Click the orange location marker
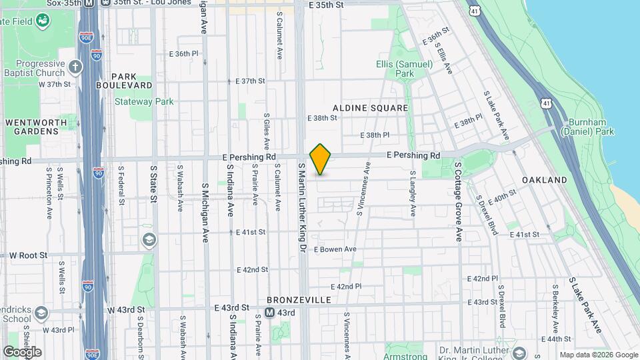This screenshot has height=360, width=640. [x=321, y=159]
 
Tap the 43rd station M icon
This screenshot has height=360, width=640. [x=270, y=313]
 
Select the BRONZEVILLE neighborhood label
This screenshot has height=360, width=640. [x=299, y=300]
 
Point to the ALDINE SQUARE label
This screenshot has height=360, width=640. [x=370, y=107]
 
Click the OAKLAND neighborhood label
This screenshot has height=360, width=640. [x=545, y=180]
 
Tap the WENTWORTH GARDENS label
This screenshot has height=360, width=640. [x=32, y=127]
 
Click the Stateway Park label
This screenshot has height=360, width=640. [x=144, y=102]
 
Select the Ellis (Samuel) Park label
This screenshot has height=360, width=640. [x=395, y=69]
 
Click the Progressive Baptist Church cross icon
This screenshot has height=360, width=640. [x=75, y=67]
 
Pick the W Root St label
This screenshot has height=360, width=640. [x=24, y=255]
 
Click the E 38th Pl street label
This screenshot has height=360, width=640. [x=377, y=135]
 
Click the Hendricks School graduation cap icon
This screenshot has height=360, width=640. [x=42, y=313]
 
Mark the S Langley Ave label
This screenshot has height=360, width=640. [x=413, y=193]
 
